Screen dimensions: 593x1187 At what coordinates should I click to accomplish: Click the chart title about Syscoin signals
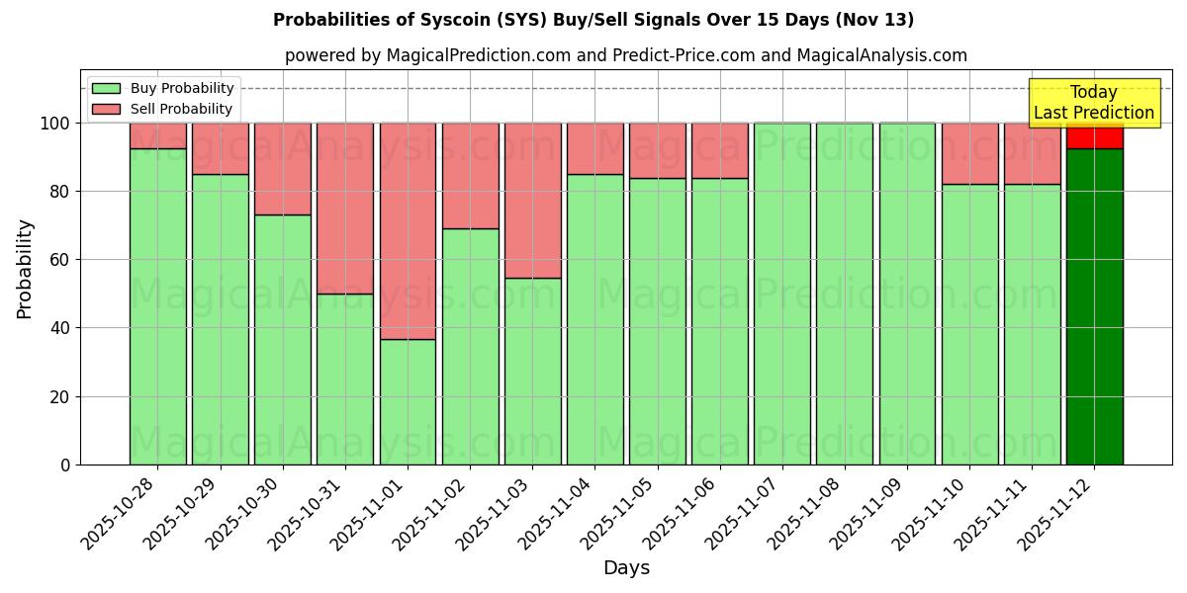(x=593, y=20)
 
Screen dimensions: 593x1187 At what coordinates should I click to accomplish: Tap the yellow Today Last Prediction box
(x=1094, y=103)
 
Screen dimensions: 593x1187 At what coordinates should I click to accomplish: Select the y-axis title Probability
(x=25, y=269)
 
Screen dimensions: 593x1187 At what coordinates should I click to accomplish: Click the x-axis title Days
(x=626, y=568)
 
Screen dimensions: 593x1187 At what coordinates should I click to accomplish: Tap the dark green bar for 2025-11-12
(x=1094, y=306)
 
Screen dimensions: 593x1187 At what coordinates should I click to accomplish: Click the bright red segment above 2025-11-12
(x=1094, y=135)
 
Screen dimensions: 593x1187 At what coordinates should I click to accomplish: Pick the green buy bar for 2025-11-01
(x=408, y=401)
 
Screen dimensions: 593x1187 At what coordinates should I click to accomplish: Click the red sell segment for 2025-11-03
(x=533, y=201)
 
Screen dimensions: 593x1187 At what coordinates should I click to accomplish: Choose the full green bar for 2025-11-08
(x=845, y=294)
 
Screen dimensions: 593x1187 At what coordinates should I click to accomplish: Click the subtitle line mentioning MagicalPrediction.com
(x=626, y=55)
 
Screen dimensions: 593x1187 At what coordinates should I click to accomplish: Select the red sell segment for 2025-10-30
(x=283, y=169)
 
